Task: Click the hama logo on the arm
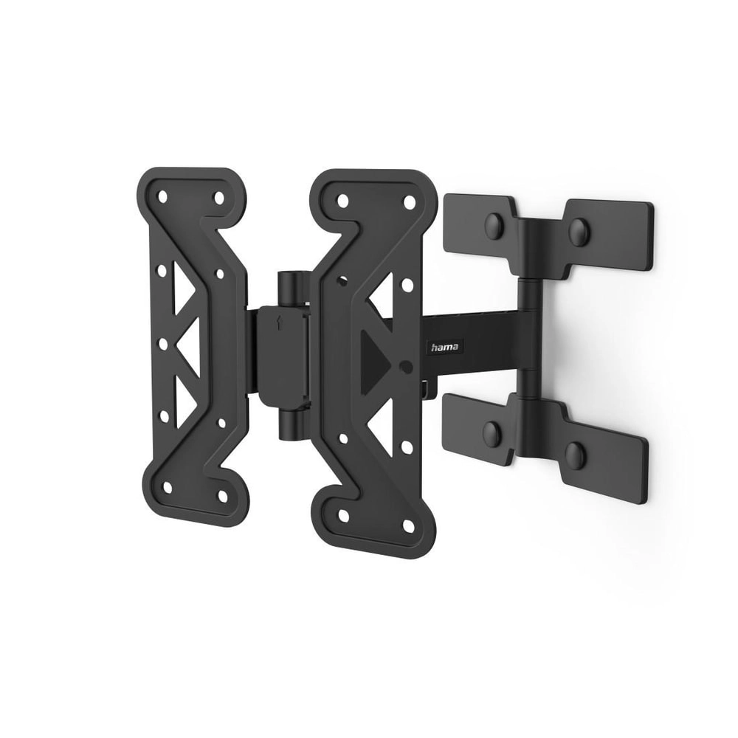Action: click(x=444, y=347)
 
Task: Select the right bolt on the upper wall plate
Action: click(x=579, y=232)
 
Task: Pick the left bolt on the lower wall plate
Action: click(x=492, y=434)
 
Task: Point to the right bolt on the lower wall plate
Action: click(x=576, y=455)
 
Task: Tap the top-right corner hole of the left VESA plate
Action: click(x=218, y=198)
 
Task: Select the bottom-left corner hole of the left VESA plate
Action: click(x=167, y=488)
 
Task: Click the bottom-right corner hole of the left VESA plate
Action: click(x=222, y=495)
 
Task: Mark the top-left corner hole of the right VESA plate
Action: click(x=342, y=201)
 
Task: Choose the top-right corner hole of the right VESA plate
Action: click(x=406, y=201)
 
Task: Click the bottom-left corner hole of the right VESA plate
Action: click(x=344, y=517)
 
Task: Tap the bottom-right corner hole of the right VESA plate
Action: click(x=407, y=525)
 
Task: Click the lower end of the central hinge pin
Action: click(x=290, y=427)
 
